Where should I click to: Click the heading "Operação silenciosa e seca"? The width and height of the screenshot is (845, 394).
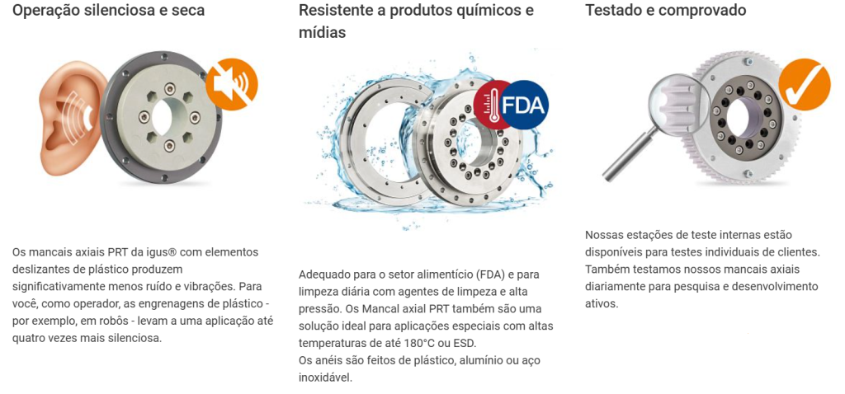pyautogui.click(x=108, y=10)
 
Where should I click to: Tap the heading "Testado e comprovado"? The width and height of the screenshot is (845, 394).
pyautogui.click(x=666, y=10)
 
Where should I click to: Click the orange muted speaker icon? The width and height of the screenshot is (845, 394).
pyautogui.click(x=232, y=84)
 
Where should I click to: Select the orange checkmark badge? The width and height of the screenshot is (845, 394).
pyautogui.click(x=804, y=85)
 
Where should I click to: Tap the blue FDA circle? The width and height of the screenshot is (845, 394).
pyautogui.click(x=522, y=105)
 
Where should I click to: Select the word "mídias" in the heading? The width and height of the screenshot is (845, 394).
pyautogui.click(x=323, y=33)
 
